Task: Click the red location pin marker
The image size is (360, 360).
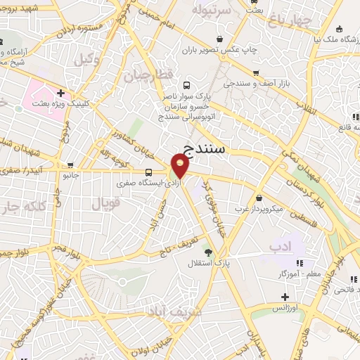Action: pos(180,167)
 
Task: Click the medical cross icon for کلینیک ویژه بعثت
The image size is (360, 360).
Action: pos(61,92)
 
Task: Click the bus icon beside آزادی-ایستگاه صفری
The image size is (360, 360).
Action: pos(148,172)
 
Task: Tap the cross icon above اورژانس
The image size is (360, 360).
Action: pos(284,297)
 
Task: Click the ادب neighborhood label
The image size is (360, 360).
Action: pos(280,245)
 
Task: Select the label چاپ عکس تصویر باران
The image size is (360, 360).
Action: pos(221,51)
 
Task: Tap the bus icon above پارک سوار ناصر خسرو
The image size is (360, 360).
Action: pos(185,82)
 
